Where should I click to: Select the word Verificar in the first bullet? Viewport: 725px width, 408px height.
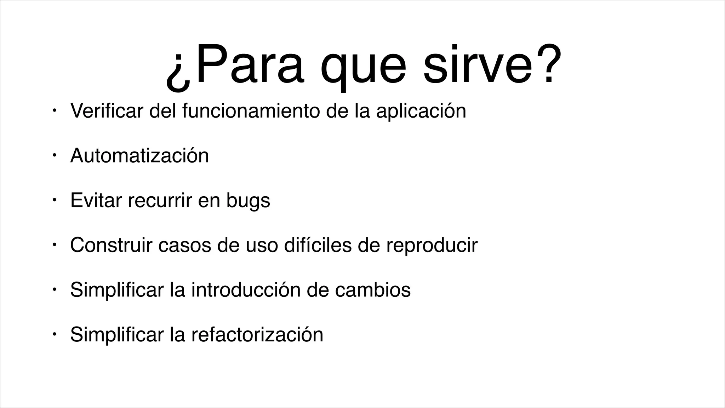point(107,110)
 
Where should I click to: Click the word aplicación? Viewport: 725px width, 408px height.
point(421,111)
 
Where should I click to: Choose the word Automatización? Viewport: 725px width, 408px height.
point(139,155)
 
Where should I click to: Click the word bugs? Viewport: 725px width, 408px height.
point(248,201)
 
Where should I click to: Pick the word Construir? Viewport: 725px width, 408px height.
point(111,245)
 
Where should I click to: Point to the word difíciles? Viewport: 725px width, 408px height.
point(318,245)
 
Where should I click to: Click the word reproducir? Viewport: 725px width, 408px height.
point(432,245)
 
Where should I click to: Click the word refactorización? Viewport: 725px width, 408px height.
point(257,334)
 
